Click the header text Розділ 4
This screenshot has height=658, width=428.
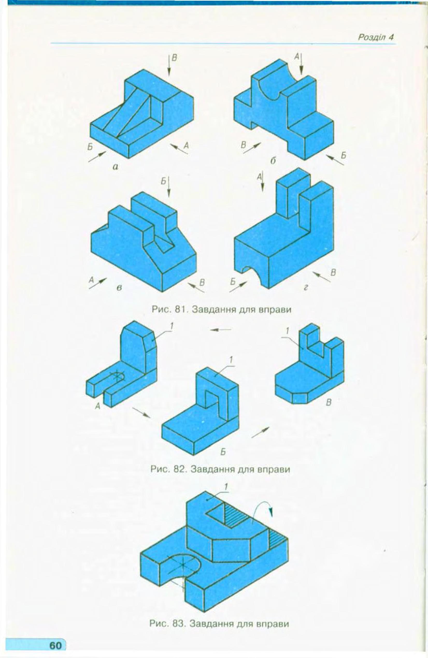click(x=375, y=37)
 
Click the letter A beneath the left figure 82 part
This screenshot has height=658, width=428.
click(x=97, y=406)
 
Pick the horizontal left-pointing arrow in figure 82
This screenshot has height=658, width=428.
click(x=220, y=330)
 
